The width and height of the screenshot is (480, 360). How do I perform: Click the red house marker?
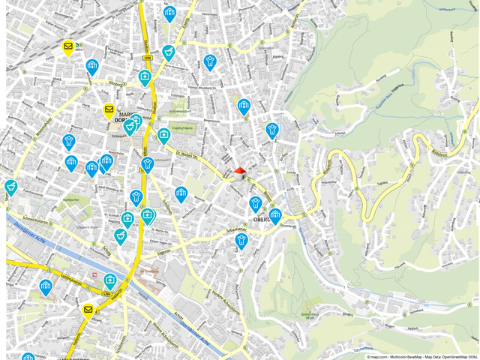tap(240, 173)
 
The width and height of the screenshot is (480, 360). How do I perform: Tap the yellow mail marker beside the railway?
tap(68, 47)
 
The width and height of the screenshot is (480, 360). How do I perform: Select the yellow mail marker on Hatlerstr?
tap(88, 310)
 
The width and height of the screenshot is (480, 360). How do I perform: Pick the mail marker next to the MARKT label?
tap(109, 111)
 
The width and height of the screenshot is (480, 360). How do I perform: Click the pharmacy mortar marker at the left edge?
tap(10, 186)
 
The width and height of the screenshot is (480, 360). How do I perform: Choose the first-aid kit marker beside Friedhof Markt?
tap(163, 135)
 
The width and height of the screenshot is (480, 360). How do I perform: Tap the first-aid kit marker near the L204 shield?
tap(110, 281)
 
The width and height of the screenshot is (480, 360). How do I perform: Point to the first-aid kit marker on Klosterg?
tap(144, 76)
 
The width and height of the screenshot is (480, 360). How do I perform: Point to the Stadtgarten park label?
tap(72, 201)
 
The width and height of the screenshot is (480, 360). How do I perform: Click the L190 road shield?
tap(147, 57)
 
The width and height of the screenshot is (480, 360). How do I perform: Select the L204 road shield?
tap(106, 295)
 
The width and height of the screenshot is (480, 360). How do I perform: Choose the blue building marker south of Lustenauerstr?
tap(46, 287)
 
